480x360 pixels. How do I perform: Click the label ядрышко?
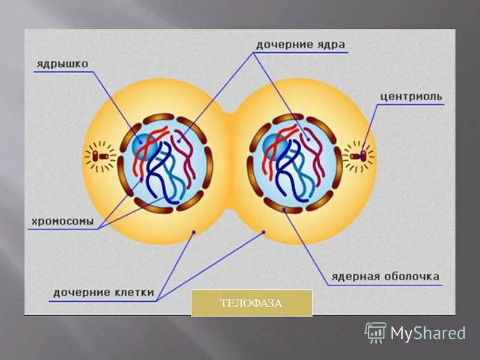point(62,61)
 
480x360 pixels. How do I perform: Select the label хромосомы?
point(62,221)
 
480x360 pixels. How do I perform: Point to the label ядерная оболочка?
point(385,277)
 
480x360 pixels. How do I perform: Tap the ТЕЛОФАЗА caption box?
point(251,302)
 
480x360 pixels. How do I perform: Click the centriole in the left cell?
point(101,157)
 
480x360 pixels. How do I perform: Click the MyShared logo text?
point(428,333)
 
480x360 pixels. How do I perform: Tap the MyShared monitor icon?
point(376,332)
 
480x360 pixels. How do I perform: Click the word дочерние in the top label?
point(282,44)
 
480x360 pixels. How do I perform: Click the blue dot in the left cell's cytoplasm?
point(193,233)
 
